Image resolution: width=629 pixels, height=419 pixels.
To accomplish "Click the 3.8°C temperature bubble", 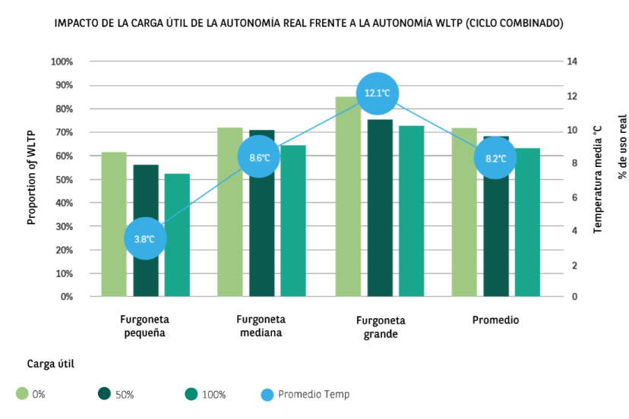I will click(145, 238).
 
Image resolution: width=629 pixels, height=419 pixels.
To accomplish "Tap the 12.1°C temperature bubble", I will click(378, 93).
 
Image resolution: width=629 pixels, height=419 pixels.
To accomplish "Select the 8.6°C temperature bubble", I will click(260, 157).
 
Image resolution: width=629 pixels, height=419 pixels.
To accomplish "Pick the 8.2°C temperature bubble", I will click(495, 158).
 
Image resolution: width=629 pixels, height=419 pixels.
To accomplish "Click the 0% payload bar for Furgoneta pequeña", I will click(114, 224).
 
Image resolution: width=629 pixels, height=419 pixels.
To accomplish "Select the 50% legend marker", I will click(106, 394).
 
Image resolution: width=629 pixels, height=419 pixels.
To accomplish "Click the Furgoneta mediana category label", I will click(261, 326).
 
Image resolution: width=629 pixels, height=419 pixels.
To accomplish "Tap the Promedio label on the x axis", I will click(495, 320).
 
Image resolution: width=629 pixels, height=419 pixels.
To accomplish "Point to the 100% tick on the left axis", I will click(62, 61).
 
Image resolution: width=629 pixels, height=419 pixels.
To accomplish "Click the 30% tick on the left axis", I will click(63, 226).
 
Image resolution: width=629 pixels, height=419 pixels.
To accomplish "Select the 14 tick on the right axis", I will click(573, 61).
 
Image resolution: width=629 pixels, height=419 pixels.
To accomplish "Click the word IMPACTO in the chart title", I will click(77, 24).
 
